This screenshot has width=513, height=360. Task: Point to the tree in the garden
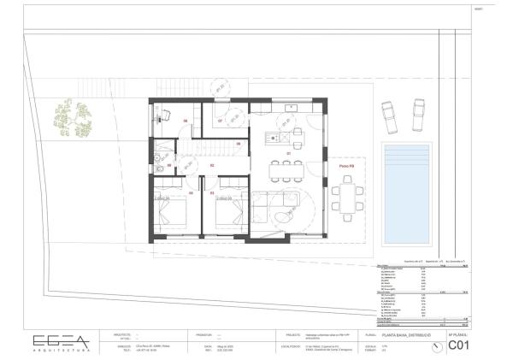pyautogui.click(x=72, y=120)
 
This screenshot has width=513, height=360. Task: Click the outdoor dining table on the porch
pyautogui.click(x=347, y=200)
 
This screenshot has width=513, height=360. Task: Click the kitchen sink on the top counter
pyautogui.click(x=292, y=108)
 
